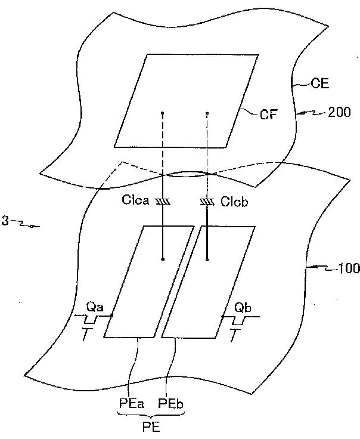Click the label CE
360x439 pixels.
pos(320,84)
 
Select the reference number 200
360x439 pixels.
pos(340,112)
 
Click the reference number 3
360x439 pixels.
pos(5,221)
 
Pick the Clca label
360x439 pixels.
pos(137,202)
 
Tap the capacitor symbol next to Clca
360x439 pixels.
pos(162,203)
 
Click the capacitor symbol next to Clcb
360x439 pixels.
pos(207,203)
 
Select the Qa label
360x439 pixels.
pos(94,307)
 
